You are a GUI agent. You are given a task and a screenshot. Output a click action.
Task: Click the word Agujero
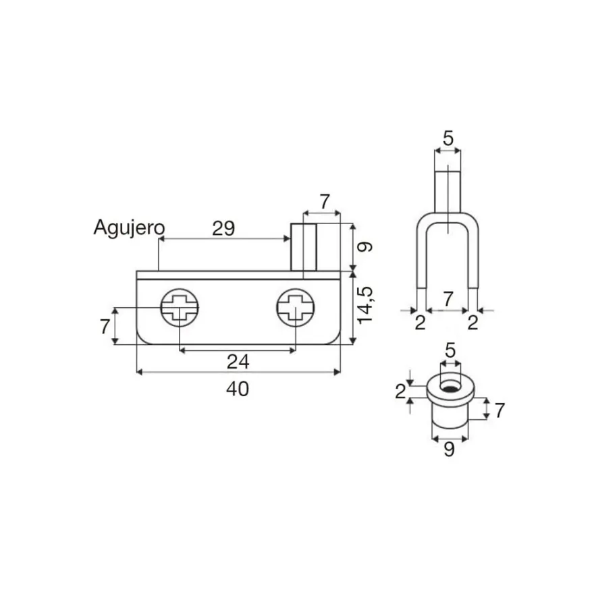129,228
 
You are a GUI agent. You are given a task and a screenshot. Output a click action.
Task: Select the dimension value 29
223,228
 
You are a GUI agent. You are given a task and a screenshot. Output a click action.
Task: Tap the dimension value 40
238,389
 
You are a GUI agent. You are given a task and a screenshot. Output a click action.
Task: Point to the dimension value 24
238,362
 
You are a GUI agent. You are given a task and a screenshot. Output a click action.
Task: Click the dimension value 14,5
366,305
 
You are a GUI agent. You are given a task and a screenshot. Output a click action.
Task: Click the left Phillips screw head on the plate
180,308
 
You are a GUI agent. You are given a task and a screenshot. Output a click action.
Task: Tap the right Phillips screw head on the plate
296,308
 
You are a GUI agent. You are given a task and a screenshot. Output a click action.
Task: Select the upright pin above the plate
304,247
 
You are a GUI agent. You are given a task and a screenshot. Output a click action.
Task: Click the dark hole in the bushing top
450,389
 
